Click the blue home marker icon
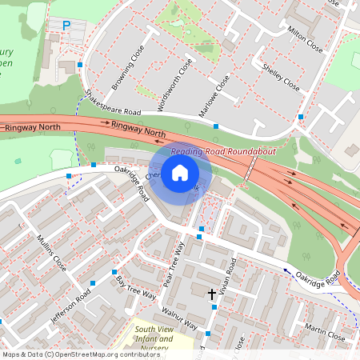point(180,173)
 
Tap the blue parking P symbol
point(66,26)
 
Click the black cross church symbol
point(212,294)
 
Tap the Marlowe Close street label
point(214,98)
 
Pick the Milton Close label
point(305,38)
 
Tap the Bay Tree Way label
point(136,289)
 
